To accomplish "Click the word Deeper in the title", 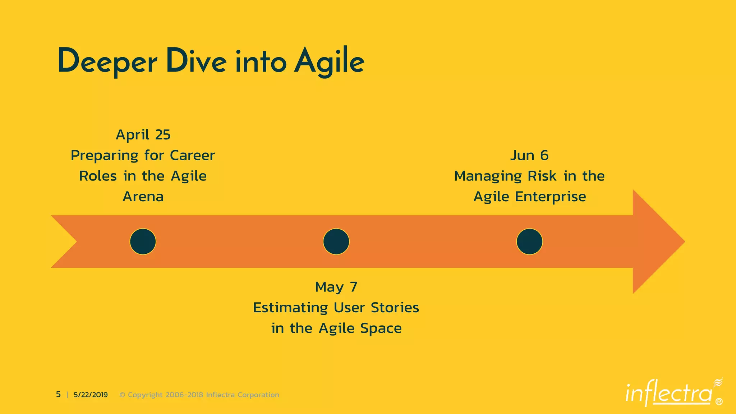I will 107,62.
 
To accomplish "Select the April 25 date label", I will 143,135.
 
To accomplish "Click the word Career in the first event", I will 192,156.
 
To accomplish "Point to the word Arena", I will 143,197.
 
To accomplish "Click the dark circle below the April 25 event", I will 143,241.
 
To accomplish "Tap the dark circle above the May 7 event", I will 336,241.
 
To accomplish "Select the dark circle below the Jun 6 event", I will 529,241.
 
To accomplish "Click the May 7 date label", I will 336,287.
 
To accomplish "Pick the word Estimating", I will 290,308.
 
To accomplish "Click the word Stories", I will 395,308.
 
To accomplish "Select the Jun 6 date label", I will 529,156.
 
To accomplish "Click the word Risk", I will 542,176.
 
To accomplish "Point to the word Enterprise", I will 550,197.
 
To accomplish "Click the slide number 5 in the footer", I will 58,395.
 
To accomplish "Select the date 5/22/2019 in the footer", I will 91,395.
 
